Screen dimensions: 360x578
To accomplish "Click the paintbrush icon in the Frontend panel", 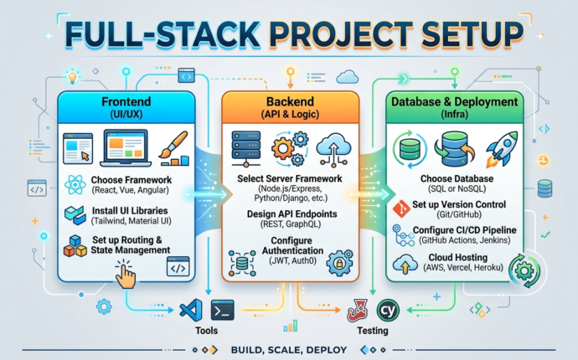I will tap(173, 148).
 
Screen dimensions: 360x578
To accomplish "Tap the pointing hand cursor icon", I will tap(126, 275).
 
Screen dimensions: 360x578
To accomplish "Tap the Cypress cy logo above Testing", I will tap(387, 308).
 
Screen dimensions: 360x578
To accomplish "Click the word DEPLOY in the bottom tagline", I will tap(335, 349).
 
